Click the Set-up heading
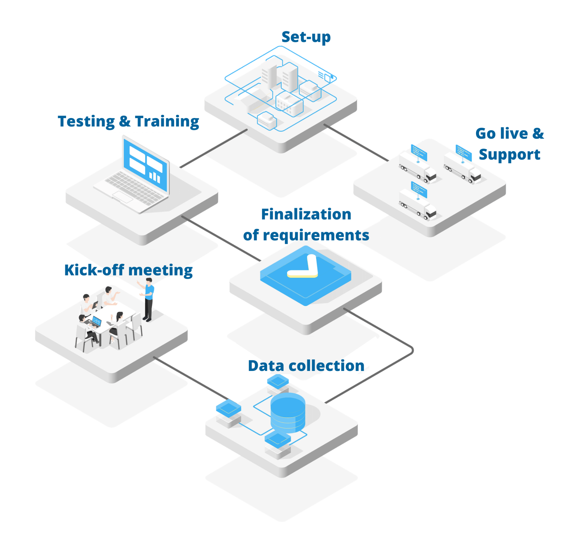(306, 37)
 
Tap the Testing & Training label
(128, 121)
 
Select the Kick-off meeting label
(128, 270)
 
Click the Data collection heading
(306, 366)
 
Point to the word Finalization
(306, 214)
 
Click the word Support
(509, 154)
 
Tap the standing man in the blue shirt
(149, 300)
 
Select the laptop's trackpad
(123, 197)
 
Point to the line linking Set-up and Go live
(356, 142)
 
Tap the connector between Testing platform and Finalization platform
(221, 239)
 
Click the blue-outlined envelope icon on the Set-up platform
(327, 77)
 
